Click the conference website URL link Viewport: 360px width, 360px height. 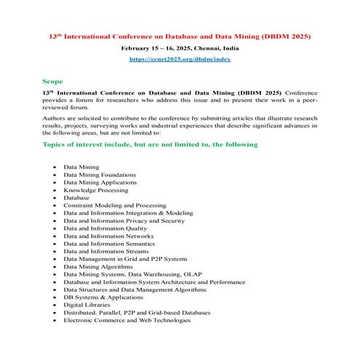tap(180, 58)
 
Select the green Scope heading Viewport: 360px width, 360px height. tap(52, 81)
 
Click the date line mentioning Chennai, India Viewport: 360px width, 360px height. tap(180, 47)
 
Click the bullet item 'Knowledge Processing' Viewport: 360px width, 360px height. tap(95, 190)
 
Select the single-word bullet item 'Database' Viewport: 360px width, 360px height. tap(76, 198)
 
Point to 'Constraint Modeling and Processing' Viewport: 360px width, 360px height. tap(115, 206)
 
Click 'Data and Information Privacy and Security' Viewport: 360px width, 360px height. tap(124, 220)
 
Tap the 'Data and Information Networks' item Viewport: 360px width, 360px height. tap(108, 236)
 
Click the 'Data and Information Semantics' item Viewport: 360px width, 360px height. tap(108, 244)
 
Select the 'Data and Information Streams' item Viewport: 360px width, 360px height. tap(106, 251)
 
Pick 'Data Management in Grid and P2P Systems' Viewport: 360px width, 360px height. tap(124, 259)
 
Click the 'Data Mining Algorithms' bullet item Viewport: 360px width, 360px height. tap(97, 266)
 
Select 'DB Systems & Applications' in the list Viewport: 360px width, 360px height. tap(103, 297)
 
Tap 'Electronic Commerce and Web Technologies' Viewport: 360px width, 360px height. tap(127, 320)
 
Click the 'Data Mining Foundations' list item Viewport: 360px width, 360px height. tap(100, 175)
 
